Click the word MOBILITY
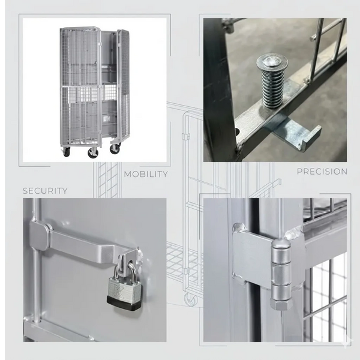[x=145, y=175]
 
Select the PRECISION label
[x=322, y=172]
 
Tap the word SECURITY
[x=45, y=191]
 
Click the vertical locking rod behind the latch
[x=37, y=270]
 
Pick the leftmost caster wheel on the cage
[x=66, y=152]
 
